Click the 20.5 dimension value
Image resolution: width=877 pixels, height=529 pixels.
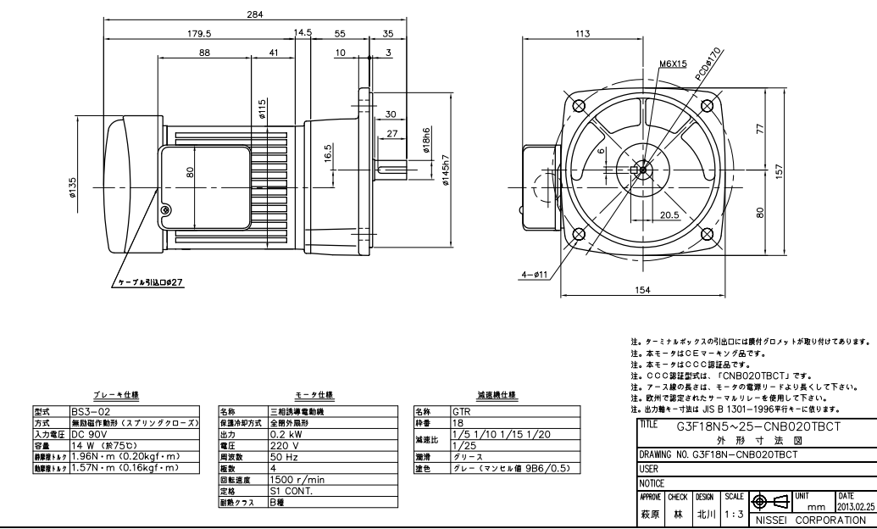click(x=669, y=214)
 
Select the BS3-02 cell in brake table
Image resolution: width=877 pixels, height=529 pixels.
click(x=88, y=408)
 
